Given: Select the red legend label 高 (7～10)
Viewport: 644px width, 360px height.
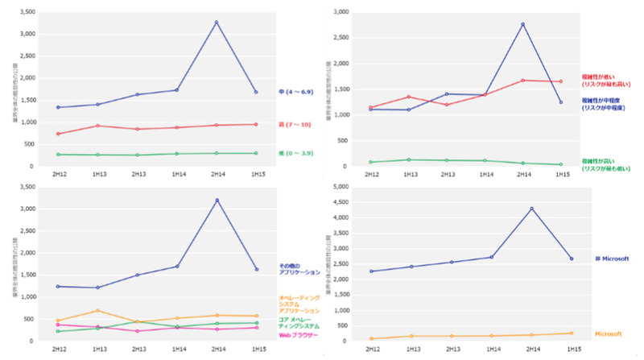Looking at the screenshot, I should point(292,124).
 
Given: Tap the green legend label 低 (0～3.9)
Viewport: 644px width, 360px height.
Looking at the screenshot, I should point(294,153).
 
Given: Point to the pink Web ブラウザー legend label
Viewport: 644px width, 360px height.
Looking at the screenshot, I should point(299,335).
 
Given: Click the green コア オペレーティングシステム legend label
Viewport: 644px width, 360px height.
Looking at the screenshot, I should point(299,323).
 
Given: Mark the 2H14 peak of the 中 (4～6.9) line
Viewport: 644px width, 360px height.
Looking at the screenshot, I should point(217,22).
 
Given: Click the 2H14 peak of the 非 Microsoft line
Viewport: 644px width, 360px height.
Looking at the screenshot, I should point(532,209).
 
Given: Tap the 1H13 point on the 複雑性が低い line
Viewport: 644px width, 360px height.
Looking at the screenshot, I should point(409,97).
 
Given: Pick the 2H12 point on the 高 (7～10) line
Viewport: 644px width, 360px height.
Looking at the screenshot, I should point(59,134).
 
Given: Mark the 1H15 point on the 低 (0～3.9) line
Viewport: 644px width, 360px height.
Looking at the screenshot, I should point(256,153).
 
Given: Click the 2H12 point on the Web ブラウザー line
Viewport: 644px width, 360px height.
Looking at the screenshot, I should point(59,325).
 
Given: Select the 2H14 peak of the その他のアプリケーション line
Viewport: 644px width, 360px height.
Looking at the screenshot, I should point(217,200).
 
